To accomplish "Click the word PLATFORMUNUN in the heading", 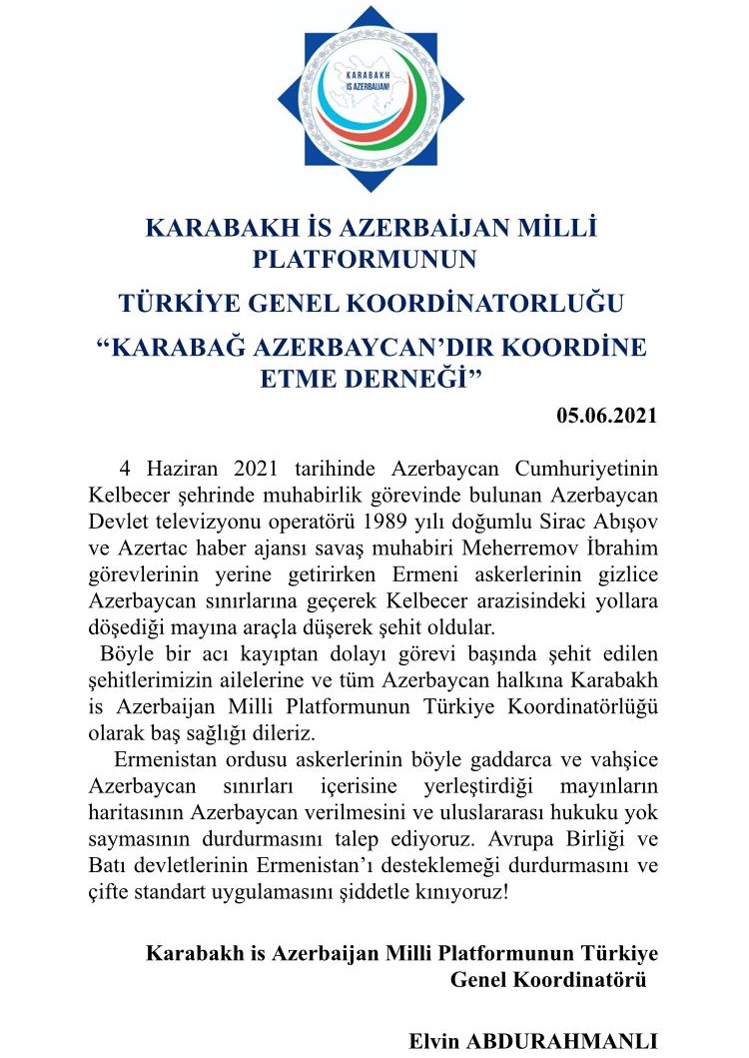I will coord(366,260).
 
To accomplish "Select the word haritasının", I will coord(132,808).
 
